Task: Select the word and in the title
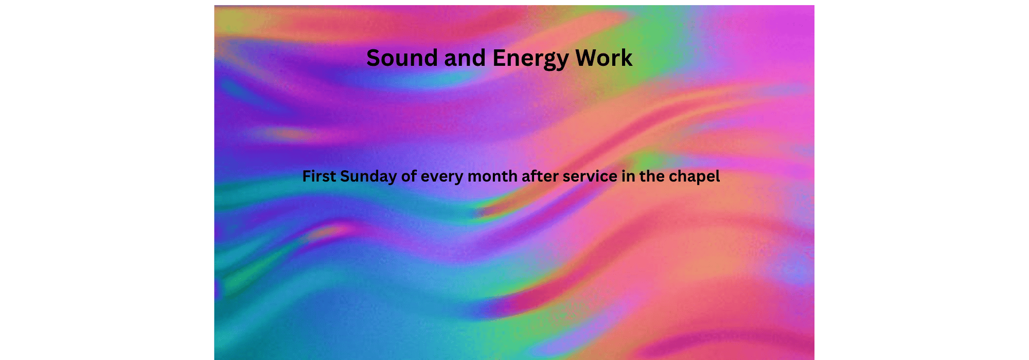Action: (465, 58)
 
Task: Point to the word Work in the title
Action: (604, 58)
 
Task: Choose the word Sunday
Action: (368, 177)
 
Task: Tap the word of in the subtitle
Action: (409, 176)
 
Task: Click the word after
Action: (540, 176)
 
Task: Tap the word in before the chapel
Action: (628, 176)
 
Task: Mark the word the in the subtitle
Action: (652, 176)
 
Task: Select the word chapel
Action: (694, 177)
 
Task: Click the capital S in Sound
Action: (374, 58)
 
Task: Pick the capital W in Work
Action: (586, 58)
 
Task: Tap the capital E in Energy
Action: (499, 58)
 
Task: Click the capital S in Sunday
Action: (345, 176)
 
